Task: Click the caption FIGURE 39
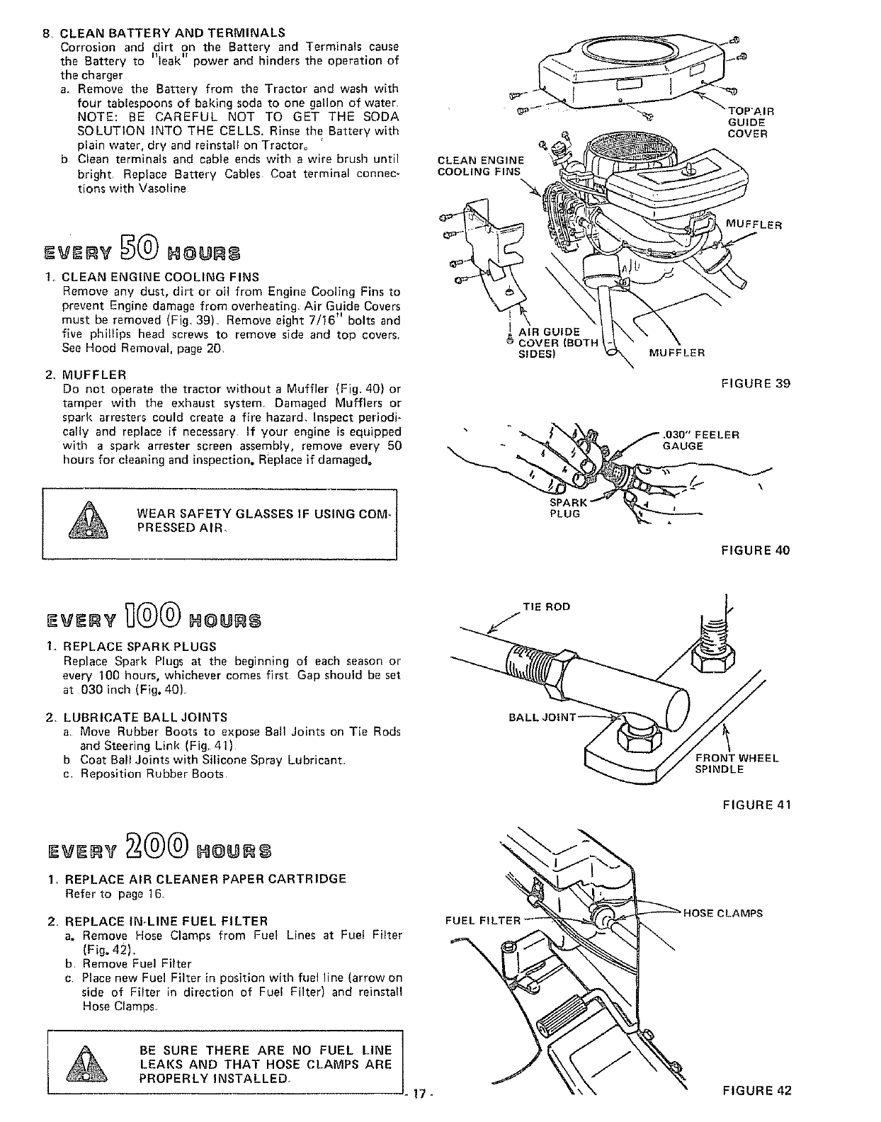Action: tap(755, 384)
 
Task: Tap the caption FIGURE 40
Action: tap(755, 550)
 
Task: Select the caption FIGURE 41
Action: tap(756, 804)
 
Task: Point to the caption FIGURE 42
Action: tap(756, 1090)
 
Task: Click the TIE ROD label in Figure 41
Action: tap(545, 606)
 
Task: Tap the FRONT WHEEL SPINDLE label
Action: tap(736, 763)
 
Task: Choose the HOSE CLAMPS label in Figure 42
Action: tap(722, 913)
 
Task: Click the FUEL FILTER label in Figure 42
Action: tap(482, 921)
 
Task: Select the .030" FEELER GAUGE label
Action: tap(701, 440)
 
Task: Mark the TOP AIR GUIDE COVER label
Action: tap(750, 122)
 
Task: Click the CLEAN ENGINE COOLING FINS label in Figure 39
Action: tap(481, 165)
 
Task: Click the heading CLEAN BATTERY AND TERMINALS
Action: tap(172, 33)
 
